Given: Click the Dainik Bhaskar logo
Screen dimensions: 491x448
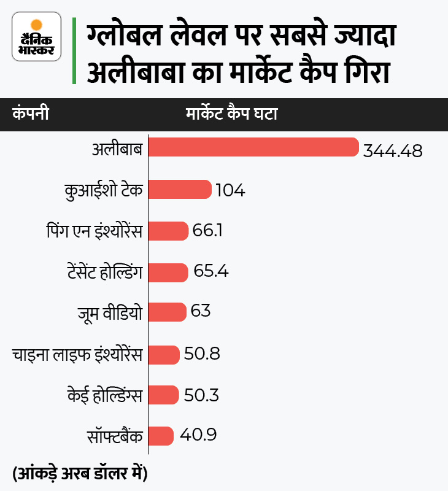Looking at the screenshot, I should tap(37, 36).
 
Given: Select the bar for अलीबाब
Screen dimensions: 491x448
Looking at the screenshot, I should tap(253, 148).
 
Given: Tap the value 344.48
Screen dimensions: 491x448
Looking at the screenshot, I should tap(393, 151).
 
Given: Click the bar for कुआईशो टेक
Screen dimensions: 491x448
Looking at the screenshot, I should tap(180, 190).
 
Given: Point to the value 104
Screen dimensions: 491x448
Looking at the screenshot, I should tap(230, 191).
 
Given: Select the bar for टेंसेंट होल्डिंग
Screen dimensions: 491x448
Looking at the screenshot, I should tap(168, 271).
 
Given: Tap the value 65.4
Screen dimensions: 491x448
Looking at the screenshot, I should tap(210, 271).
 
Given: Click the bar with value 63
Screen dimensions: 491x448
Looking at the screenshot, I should tap(167, 312).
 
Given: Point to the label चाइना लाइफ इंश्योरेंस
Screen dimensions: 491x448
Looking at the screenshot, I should tap(77, 354).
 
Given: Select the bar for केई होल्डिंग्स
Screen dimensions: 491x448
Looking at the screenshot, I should tap(163, 395).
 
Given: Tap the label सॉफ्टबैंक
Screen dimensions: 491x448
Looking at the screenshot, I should tap(115, 436).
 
